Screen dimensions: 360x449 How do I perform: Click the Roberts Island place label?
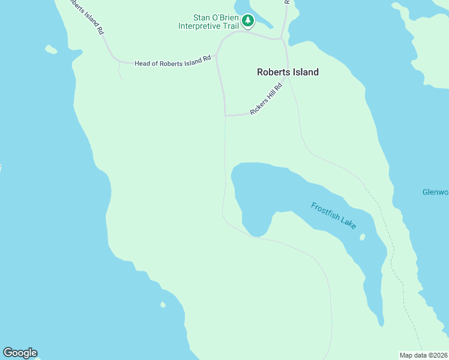pos(288,72)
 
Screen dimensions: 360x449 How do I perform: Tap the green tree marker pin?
pos(248,22)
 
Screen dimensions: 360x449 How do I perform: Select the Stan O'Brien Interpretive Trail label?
pos(208,22)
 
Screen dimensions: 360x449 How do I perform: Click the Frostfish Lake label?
pos(334,215)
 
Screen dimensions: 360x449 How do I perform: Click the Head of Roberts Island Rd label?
pos(172,62)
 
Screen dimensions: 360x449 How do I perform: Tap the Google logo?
pos(20,353)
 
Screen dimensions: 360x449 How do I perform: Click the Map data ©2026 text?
pos(424,355)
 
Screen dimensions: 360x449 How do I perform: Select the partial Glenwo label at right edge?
pos(435,193)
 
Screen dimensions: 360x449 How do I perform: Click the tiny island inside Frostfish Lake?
pos(362,237)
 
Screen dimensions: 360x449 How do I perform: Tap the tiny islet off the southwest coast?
pos(163,305)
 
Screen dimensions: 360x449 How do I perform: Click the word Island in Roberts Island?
pos(305,72)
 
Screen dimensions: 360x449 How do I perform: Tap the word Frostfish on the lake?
pos(325,212)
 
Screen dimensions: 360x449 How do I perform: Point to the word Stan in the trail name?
pos(202,17)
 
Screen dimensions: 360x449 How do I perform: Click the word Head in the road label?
pos(143,63)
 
